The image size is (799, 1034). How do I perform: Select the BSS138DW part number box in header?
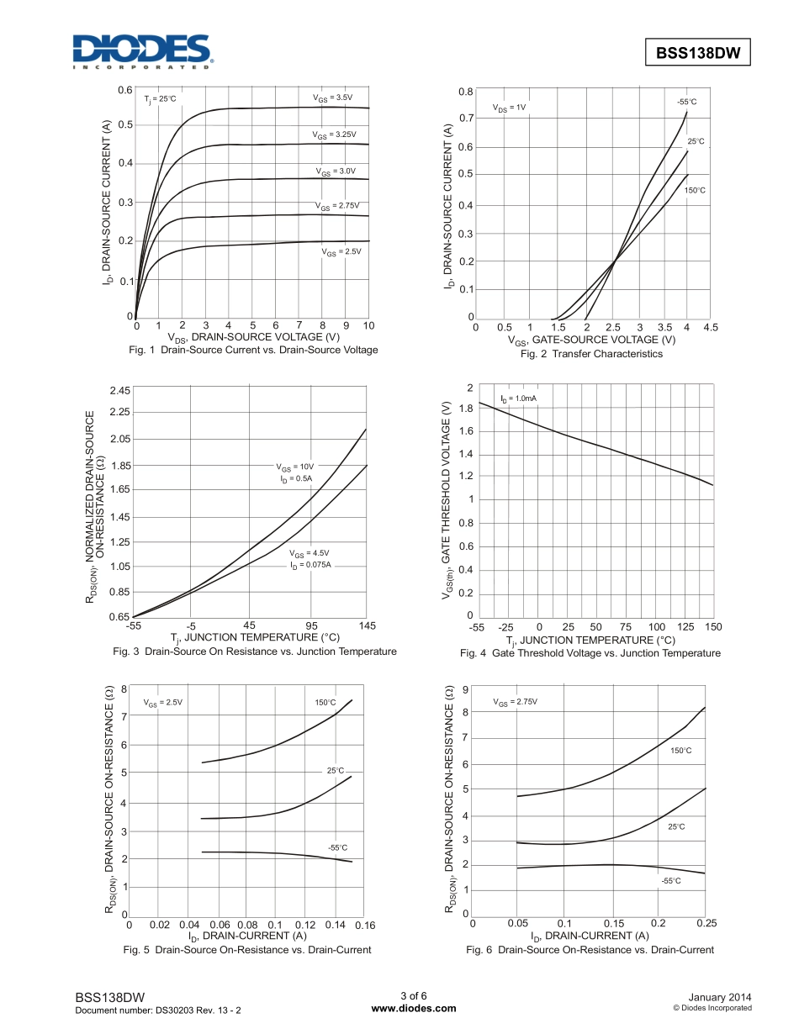click(x=697, y=52)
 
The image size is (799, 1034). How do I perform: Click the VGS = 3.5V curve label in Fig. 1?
click(x=333, y=98)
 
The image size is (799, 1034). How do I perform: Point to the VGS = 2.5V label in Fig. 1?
click(x=341, y=251)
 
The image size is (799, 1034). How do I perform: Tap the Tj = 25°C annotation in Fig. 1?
click(x=160, y=99)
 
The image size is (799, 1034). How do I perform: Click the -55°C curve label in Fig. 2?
click(x=687, y=102)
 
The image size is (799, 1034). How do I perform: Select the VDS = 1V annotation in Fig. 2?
click(x=510, y=108)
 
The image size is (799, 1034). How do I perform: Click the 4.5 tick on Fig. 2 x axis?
click(x=710, y=327)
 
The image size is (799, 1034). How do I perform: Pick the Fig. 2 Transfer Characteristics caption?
click(x=591, y=354)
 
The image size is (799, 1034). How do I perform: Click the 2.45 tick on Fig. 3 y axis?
click(x=119, y=391)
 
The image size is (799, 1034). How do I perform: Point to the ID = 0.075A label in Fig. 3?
click(x=311, y=565)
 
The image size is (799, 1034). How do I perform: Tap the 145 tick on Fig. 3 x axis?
click(x=367, y=625)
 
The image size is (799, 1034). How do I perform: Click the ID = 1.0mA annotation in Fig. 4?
click(x=518, y=398)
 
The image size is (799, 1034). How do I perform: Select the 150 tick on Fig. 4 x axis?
click(x=713, y=627)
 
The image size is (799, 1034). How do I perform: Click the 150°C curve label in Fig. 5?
click(x=325, y=703)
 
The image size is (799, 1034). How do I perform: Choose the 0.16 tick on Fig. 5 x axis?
click(x=364, y=925)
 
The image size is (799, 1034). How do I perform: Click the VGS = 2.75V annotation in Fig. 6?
click(x=515, y=702)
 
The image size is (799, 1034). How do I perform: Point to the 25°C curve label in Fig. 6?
click(x=677, y=827)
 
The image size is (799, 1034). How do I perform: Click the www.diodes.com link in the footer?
click(x=414, y=1009)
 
